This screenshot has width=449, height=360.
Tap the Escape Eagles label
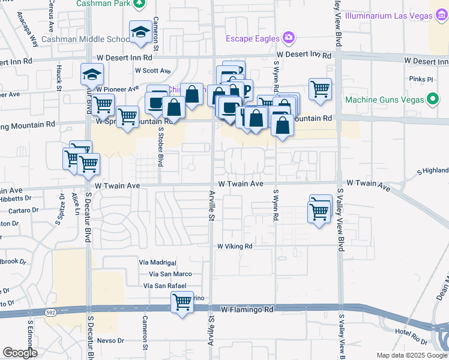(253, 38)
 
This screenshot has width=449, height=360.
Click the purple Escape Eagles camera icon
(289, 38)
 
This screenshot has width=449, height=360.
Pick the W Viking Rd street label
(235, 246)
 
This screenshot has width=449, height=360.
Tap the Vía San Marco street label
(157, 274)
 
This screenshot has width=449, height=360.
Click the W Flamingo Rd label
(247, 310)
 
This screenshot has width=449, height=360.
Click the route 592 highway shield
(49, 311)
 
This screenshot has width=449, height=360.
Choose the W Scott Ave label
(150, 70)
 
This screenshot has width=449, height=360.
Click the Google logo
(20, 353)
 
